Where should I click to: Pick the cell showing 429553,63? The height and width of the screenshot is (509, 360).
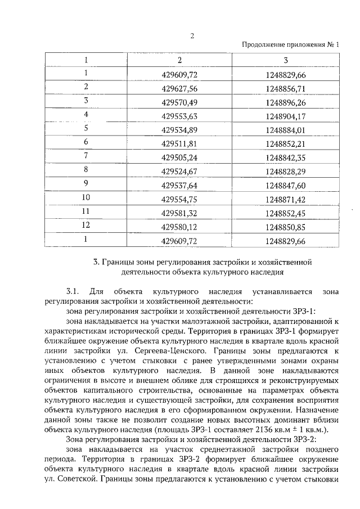pos(179,116)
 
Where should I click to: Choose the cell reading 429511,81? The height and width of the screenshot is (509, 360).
pos(179,143)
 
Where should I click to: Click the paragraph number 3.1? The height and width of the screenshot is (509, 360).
pos(72,291)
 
